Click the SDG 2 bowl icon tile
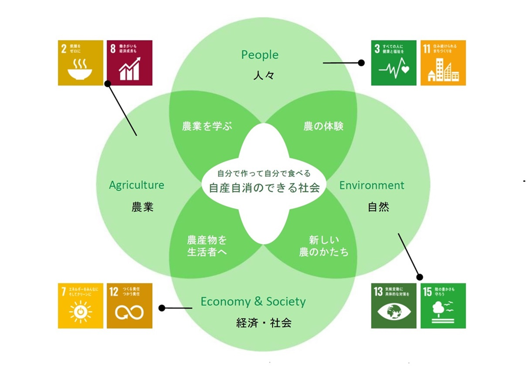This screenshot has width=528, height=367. point(80,63)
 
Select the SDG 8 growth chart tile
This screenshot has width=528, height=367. point(129,63)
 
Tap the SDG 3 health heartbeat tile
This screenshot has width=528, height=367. point(393,63)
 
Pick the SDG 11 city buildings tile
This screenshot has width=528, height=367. point(443,63)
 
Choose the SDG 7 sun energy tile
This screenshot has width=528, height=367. point(80,305)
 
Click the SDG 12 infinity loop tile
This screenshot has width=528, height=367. point(129,305)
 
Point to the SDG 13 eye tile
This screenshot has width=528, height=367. point(393,305)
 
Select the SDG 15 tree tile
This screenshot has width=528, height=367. point(443,305)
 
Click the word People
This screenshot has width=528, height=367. point(260,55)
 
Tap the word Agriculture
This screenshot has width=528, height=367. point(136,185)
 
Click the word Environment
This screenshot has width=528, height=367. point(371,186)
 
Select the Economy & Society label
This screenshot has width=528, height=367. point(253,301)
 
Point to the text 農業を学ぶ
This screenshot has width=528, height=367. point(207,126)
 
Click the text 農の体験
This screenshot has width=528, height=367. point(323,126)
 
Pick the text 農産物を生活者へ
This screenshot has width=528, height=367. point(207,246)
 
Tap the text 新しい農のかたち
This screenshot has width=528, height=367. point(323,246)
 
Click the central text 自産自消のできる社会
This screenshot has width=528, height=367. point(264,188)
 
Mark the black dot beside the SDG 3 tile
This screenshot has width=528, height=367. point(361,63)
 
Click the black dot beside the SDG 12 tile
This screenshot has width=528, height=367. point(162,308)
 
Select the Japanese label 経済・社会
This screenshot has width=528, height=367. point(264,323)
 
